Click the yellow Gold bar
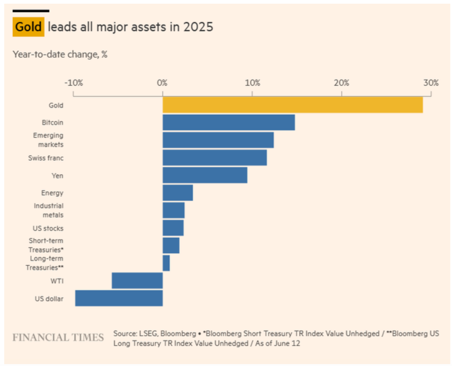(292, 105)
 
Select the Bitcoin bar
(229, 122)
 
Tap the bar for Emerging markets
(218, 140)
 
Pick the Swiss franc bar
(214, 158)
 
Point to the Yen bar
(205, 175)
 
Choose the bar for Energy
(177, 193)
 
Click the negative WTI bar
(137, 281)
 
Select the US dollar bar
(119, 298)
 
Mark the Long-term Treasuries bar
(166, 263)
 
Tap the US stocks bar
(173, 228)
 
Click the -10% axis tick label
(73, 83)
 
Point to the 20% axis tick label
(341, 83)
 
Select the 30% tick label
(431, 83)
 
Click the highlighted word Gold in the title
(28, 27)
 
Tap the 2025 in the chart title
(198, 27)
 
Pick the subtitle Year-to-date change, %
(60, 54)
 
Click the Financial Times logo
(58, 337)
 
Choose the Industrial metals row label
(49, 210)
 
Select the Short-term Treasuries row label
(46, 245)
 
